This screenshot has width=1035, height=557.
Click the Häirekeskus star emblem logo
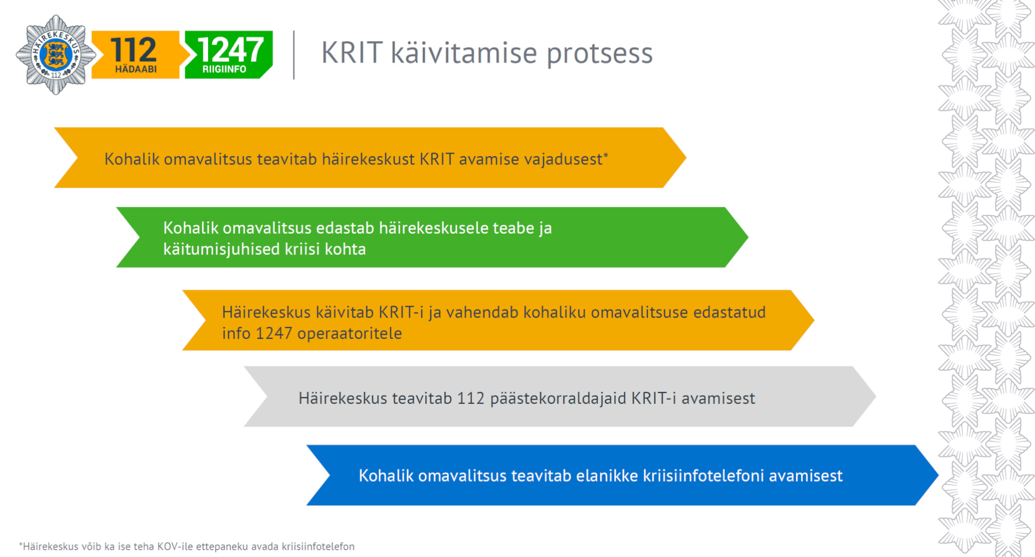pyautogui.click(x=55, y=55)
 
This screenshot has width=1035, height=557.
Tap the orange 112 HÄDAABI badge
pyautogui.click(x=135, y=55)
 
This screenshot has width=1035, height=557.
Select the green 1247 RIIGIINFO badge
pyautogui.click(x=228, y=55)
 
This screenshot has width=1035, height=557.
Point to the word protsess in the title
pyautogui.click(x=599, y=54)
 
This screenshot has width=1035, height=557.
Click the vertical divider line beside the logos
pyautogui.click(x=294, y=55)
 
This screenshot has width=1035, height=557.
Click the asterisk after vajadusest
pyautogui.click(x=606, y=155)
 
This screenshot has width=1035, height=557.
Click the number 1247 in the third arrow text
pyautogui.click(x=274, y=334)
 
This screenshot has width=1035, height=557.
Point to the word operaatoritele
pyautogui.click(x=349, y=334)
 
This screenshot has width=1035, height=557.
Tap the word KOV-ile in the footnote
pyautogui.click(x=175, y=547)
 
